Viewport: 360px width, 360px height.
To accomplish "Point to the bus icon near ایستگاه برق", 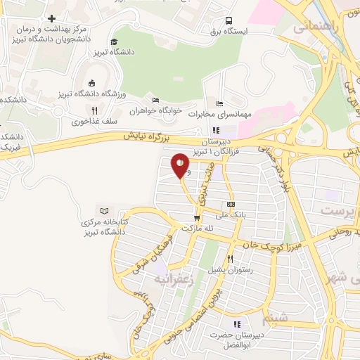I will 229,21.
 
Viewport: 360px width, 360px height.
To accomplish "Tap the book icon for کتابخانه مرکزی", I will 105,211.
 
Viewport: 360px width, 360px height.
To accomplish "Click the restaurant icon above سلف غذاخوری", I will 94,110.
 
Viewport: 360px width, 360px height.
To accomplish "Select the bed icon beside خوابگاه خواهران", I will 155,99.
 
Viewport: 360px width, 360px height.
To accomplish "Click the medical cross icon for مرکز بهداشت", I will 51,18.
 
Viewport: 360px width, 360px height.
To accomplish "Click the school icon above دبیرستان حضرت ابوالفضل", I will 237,324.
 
